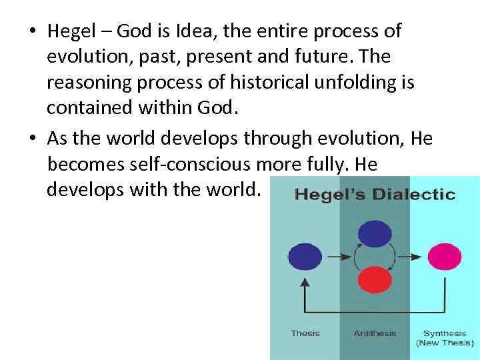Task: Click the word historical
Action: (x=261, y=84)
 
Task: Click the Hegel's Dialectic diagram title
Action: (x=375, y=195)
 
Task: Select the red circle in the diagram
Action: (x=375, y=279)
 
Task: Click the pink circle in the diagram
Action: (x=444, y=256)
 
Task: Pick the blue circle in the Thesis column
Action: (x=305, y=256)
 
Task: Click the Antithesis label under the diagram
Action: (x=375, y=333)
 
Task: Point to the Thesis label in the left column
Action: (x=305, y=333)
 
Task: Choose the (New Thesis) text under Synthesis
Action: (x=444, y=343)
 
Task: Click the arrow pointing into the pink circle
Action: (x=417, y=256)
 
